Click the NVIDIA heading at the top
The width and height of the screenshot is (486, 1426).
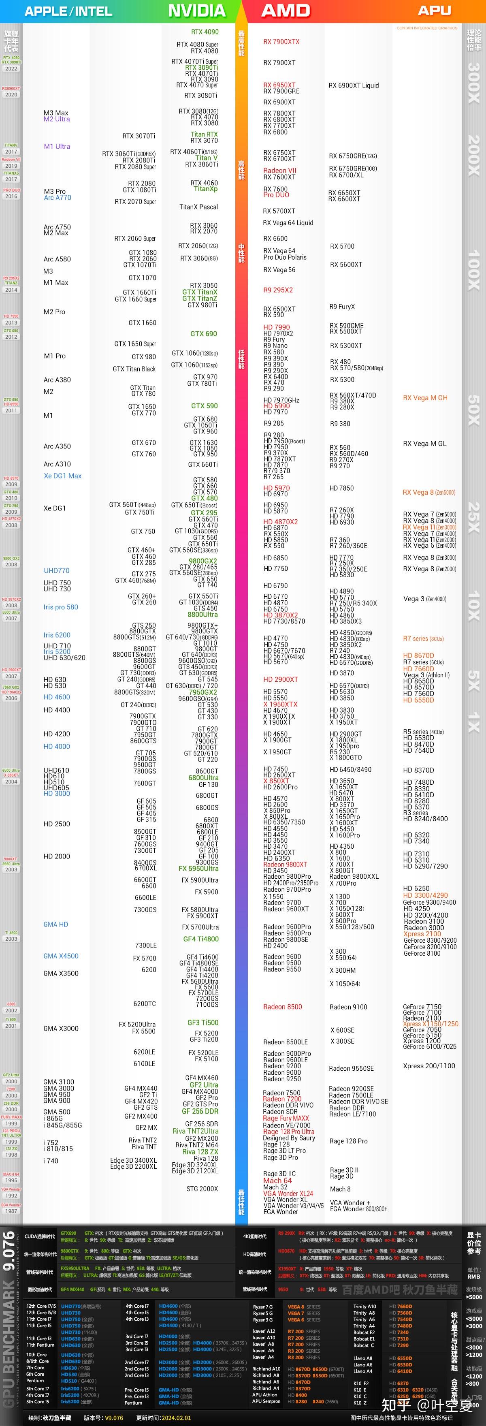(x=196, y=11)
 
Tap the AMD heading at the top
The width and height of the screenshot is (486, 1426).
(x=286, y=11)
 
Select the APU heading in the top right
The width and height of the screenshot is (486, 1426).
(x=434, y=11)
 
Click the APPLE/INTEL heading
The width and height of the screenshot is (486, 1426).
(x=68, y=11)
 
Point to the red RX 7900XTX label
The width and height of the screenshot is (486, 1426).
(x=281, y=41)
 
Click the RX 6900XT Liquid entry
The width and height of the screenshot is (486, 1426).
(x=353, y=85)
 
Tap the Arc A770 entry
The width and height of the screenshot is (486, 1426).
(x=57, y=198)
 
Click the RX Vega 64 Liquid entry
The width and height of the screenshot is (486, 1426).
(x=288, y=222)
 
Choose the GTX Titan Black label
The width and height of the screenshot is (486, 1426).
(x=134, y=369)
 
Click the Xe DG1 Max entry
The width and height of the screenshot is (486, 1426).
(x=62, y=476)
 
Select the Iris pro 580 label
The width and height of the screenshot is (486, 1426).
(x=60, y=607)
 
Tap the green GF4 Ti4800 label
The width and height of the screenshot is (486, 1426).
(x=200, y=939)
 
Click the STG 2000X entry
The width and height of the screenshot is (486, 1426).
(x=202, y=1189)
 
